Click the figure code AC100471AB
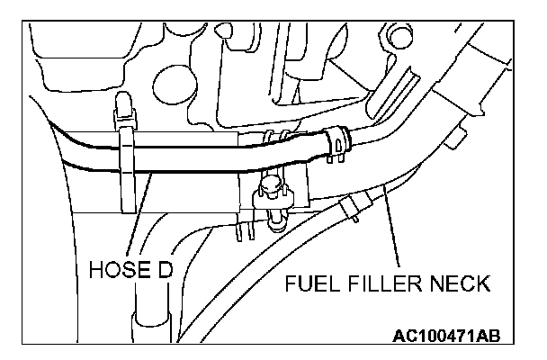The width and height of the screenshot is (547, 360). [446, 337]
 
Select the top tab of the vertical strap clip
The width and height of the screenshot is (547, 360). [123, 112]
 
